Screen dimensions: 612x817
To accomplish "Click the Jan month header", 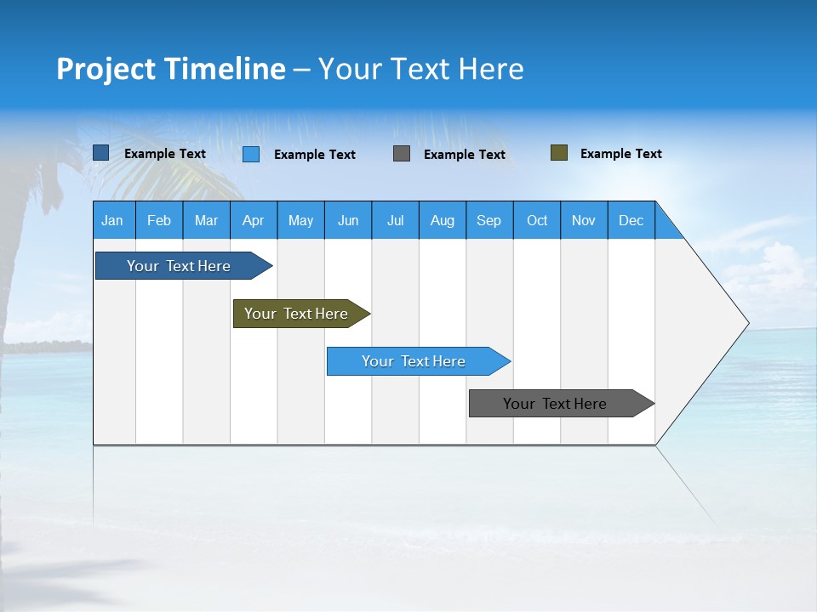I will pyautogui.click(x=113, y=220).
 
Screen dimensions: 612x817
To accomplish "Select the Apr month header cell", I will pyautogui.click(x=254, y=220).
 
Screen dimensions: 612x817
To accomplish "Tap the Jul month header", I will pyautogui.click(x=395, y=220).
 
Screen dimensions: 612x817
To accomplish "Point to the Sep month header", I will pyautogui.click(x=489, y=220).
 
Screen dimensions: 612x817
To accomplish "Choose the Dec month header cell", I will pyautogui.click(x=631, y=220).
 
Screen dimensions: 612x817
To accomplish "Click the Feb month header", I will pyautogui.click(x=159, y=220).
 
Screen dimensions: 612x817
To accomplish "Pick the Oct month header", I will pyautogui.click(x=537, y=220).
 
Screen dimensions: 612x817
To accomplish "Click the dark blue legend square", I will pyautogui.click(x=101, y=153).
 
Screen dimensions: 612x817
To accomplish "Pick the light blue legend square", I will pyautogui.click(x=251, y=154).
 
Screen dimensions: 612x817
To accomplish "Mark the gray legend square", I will pyautogui.click(x=402, y=154).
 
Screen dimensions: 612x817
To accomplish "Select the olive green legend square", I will pyautogui.click(x=558, y=153).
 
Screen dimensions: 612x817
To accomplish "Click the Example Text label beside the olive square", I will pyautogui.click(x=620, y=154).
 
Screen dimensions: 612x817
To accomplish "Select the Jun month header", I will pyautogui.click(x=348, y=220).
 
